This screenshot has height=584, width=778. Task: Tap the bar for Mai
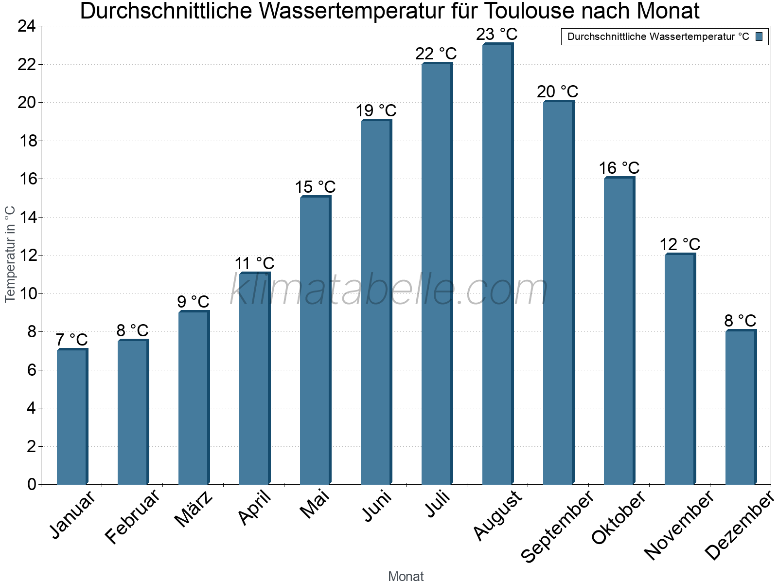[x=315, y=340]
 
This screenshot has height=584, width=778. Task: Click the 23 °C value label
[x=496, y=35]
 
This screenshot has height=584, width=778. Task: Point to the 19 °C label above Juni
[x=376, y=111]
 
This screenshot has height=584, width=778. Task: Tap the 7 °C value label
[x=71, y=340]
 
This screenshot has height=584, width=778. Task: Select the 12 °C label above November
[x=680, y=244]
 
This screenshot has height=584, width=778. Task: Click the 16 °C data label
[x=619, y=168]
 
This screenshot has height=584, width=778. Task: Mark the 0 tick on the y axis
[x=32, y=484]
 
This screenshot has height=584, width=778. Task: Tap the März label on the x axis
[x=194, y=509]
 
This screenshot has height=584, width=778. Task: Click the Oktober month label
[x=619, y=518]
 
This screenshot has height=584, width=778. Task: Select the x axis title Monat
[x=406, y=576]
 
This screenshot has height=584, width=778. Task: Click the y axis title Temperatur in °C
[x=10, y=254]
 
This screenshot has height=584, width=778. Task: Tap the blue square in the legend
[x=759, y=36]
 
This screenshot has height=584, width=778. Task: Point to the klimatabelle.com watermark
[x=389, y=290]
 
